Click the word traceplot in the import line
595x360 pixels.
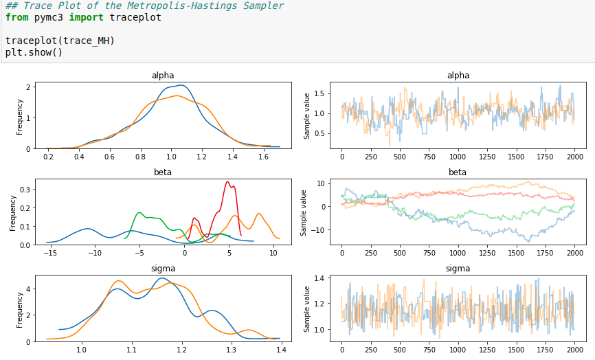click(135, 17)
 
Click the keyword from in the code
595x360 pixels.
click(16, 17)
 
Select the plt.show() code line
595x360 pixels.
click(34, 52)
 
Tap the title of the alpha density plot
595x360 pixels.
click(163, 76)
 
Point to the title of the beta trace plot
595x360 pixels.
click(458, 172)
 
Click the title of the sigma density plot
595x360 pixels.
click(163, 269)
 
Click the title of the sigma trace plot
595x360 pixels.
click(458, 269)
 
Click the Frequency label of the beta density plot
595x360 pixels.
click(12, 212)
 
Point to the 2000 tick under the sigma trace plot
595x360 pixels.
click(574, 350)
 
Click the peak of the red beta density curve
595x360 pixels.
click(227, 181)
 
